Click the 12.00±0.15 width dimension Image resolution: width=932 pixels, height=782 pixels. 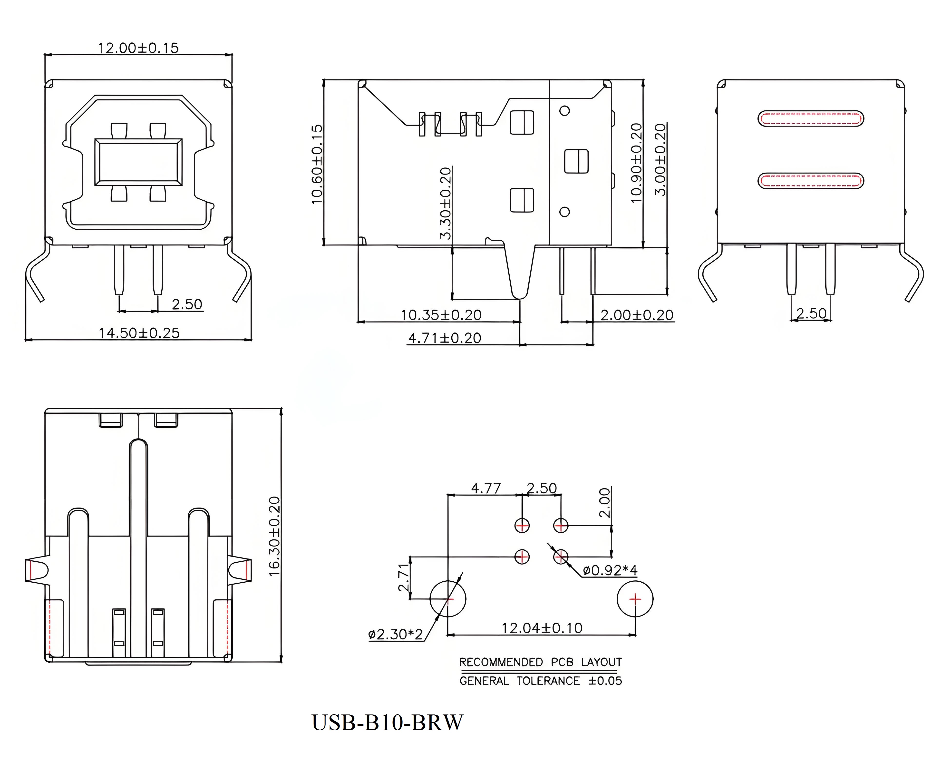(x=138, y=48)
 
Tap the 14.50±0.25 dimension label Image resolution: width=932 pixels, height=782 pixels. (x=139, y=333)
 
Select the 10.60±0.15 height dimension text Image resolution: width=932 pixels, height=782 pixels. (x=317, y=164)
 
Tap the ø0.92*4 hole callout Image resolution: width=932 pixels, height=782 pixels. (x=610, y=570)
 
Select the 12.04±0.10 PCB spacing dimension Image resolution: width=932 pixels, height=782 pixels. (x=542, y=628)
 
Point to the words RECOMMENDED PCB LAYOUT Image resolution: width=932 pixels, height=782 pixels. (x=540, y=662)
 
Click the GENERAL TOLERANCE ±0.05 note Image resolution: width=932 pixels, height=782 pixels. (x=540, y=681)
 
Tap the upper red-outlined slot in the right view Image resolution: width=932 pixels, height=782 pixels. (x=810, y=118)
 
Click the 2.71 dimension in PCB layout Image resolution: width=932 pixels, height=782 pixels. (x=403, y=577)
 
